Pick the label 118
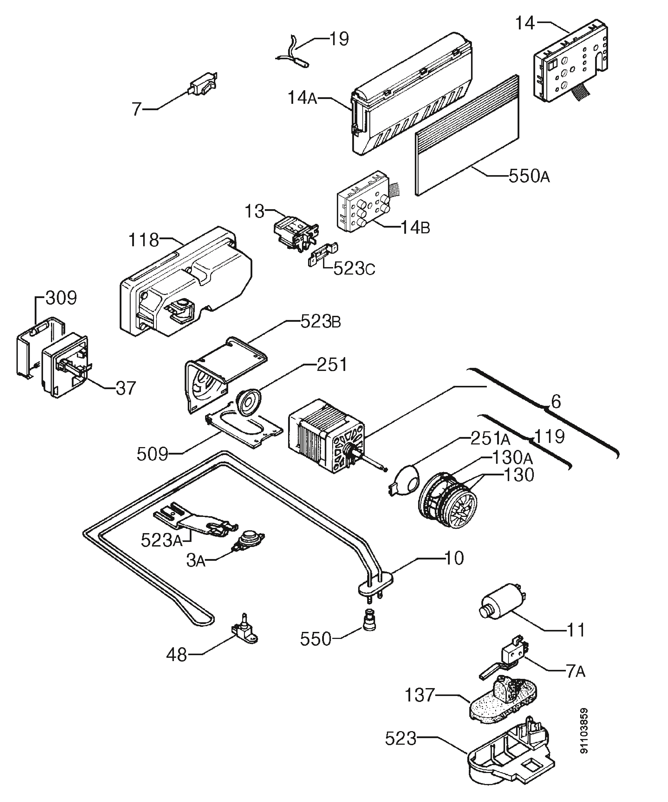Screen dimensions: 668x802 144,240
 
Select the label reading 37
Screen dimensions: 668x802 126,388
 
